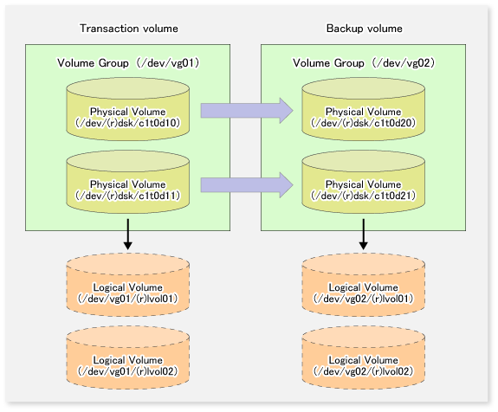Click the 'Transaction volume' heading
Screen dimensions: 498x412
pos(129,29)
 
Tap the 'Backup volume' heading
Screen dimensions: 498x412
pos(365,29)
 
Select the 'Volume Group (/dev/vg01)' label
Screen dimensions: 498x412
pos(128,63)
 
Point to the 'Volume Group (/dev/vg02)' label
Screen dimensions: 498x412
pos(364,63)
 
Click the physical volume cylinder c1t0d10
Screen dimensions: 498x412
pos(128,109)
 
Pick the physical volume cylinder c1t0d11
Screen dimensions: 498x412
pos(128,182)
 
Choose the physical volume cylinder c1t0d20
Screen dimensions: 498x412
pos(364,109)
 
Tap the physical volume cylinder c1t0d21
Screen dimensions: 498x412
pos(364,182)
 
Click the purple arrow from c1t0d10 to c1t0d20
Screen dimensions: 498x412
pos(247,111)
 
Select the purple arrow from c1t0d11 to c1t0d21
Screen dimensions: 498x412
pos(247,184)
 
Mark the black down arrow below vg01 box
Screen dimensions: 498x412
pos(128,234)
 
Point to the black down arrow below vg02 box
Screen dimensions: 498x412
pos(364,234)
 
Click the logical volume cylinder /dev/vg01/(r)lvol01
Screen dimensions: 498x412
pos(128,285)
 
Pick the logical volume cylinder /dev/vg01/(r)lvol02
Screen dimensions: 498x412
pos(128,357)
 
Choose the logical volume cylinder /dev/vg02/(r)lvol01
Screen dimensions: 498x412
pos(364,285)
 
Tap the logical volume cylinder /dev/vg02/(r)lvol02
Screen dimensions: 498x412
pos(364,357)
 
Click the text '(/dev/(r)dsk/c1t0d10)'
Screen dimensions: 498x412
pos(127,123)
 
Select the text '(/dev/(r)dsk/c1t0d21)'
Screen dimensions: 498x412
pos(364,196)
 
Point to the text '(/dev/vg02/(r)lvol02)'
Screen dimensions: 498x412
pos(364,371)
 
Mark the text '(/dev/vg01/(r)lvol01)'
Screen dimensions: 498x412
pos(127,299)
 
